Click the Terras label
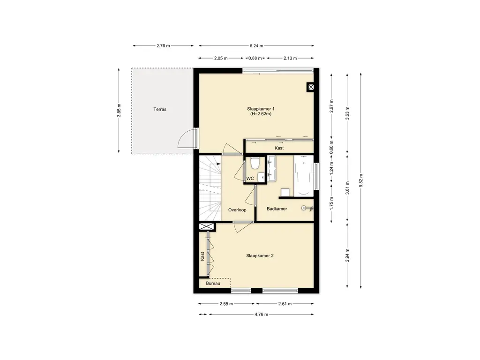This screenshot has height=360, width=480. click(x=160, y=109)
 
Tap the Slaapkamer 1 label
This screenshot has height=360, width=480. click(x=261, y=109)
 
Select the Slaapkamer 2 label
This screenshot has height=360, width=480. click(x=260, y=255)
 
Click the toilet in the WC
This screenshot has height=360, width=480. click(x=255, y=163)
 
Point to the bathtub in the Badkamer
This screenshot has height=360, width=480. click(x=304, y=176)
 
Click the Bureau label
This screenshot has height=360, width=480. click(x=213, y=284)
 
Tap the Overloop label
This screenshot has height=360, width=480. click(x=237, y=210)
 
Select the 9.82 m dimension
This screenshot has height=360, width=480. click(x=361, y=180)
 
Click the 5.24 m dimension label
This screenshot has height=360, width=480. click(x=256, y=46)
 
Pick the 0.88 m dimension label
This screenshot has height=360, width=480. click(x=255, y=58)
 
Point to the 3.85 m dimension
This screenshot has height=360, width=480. click(x=119, y=111)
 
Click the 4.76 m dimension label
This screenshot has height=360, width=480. click(x=262, y=315)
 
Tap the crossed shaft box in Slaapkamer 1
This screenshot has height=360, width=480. click(x=311, y=88)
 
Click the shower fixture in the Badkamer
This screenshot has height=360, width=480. click(x=307, y=209)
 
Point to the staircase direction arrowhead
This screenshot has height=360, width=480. click(x=218, y=164)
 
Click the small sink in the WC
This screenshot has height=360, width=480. click(x=262, y=177)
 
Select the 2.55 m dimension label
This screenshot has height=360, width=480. click(x=226, y=304)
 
